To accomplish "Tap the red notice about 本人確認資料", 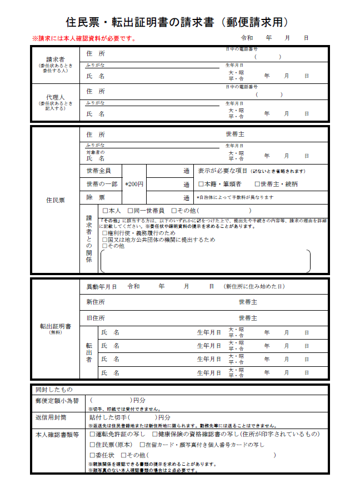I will coord(83,39).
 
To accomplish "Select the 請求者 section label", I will coord(54,59).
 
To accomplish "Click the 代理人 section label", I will coord(54,97).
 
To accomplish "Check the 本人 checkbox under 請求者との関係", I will coord(105,211).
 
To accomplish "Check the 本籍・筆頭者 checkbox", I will coord(201,184).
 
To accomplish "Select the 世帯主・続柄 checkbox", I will coord(257,184).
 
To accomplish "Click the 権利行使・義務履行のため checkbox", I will coord(105,233).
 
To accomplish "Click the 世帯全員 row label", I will coord(98,171).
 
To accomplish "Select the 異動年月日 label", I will coord(102,287).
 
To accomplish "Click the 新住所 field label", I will coord(95,302).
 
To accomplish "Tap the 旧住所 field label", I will coord(95,318).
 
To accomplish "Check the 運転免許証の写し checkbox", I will coord(92,434).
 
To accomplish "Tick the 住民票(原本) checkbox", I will coord(92,445).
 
